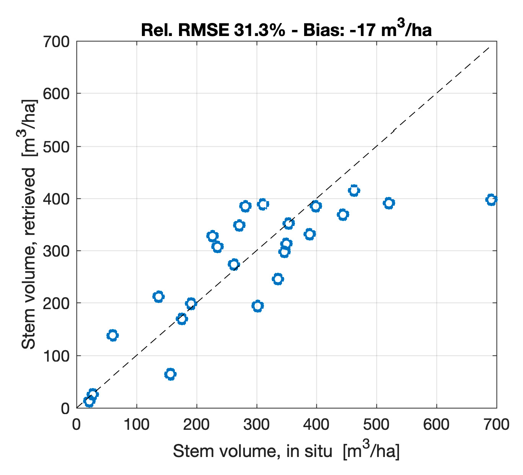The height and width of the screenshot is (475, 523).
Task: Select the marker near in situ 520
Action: coord(389,203)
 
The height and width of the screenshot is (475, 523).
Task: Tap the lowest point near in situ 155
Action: coord(170,374)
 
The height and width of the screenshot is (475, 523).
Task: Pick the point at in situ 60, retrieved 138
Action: coord(112,336)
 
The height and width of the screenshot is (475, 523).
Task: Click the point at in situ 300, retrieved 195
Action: coord(257,306)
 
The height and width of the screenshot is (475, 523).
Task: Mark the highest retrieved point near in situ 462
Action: coord(354,190)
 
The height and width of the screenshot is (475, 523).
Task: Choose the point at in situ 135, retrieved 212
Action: coord(158,296)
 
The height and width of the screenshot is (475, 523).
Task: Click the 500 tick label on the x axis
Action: coord(376,424)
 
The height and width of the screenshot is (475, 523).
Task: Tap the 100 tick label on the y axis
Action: coord(56,356)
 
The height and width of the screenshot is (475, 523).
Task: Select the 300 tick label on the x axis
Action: coord(257,424)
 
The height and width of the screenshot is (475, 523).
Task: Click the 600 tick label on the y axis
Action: coord(56,94)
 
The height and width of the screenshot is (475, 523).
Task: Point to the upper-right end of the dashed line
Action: coord(489,47)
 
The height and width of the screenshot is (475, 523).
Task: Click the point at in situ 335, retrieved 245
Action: coord(278,279)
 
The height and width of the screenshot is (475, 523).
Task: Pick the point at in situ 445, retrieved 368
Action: coord(343,215)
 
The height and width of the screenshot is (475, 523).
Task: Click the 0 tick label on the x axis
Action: coord(77,424)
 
